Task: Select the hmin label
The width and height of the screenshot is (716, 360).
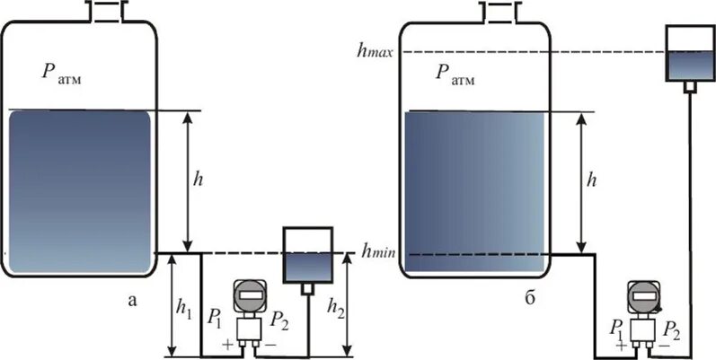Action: click(376, 255)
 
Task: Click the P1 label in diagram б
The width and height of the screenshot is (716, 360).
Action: click(615, 326)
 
